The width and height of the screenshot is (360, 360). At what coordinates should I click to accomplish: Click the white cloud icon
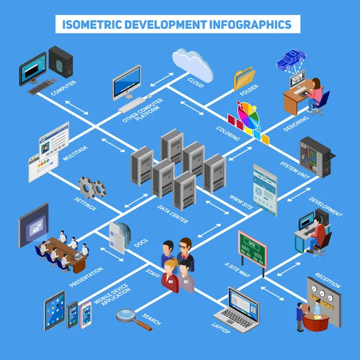coord(193,64)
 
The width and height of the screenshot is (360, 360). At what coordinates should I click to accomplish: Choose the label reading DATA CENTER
coord(173,214)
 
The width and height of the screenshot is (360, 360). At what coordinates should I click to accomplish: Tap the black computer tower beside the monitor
coord(62,62)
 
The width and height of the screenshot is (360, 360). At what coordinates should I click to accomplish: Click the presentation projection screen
coord(33,225)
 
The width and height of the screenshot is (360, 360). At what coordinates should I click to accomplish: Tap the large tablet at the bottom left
coord(54,309)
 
